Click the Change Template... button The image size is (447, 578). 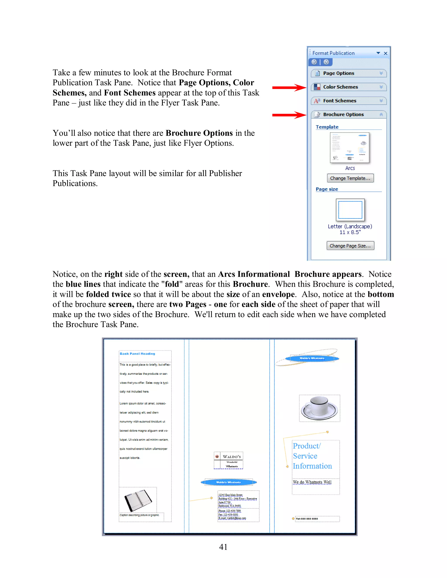(350, 178)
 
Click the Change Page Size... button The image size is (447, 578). (350, 246)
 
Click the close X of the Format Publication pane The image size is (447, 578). (386, 53)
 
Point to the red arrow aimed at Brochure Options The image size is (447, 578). (289, 115)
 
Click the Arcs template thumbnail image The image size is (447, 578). (350, 147)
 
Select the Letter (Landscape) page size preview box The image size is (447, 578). (350, 210)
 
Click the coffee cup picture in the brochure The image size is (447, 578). (319, 408)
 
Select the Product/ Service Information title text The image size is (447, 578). (312, 456)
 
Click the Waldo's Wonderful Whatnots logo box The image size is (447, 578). (228, 460)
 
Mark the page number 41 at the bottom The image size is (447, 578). (223, 547)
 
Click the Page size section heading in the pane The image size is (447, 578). (327, 189)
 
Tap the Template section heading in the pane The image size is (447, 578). (327, 127)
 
